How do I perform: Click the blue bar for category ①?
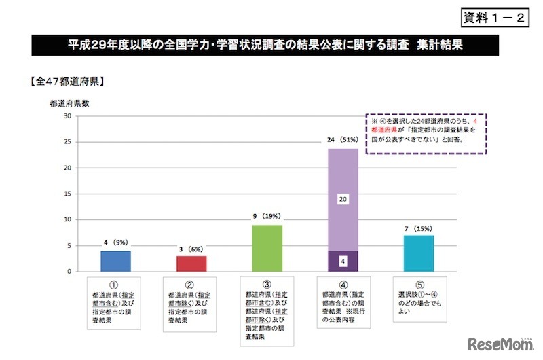[115, 261]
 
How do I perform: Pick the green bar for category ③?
[267, 248]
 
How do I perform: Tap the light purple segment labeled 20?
[343, 200]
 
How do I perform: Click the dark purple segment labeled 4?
[343, 261]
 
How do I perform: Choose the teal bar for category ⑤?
[418, 253]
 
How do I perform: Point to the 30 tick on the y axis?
[67, 115]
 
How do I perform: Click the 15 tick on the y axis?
[67, 194]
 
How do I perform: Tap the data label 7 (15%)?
[418, 228]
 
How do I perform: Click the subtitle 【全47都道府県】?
[66, 82]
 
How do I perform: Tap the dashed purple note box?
[428, 134]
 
